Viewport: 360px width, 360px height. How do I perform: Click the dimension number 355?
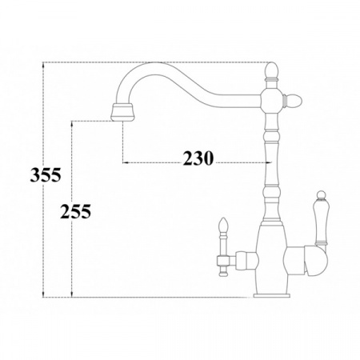[46, 175]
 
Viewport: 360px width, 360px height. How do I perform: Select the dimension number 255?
[75, 211]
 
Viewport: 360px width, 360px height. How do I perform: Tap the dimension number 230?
[198, 158]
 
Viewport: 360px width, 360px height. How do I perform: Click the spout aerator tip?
[123, 112]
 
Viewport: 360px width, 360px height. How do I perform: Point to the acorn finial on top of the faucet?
[271, 71]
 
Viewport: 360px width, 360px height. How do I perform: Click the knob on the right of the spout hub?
[293, 101]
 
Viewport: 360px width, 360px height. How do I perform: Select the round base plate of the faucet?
[272, 295]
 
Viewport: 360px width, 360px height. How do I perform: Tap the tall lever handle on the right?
[320, 218]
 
